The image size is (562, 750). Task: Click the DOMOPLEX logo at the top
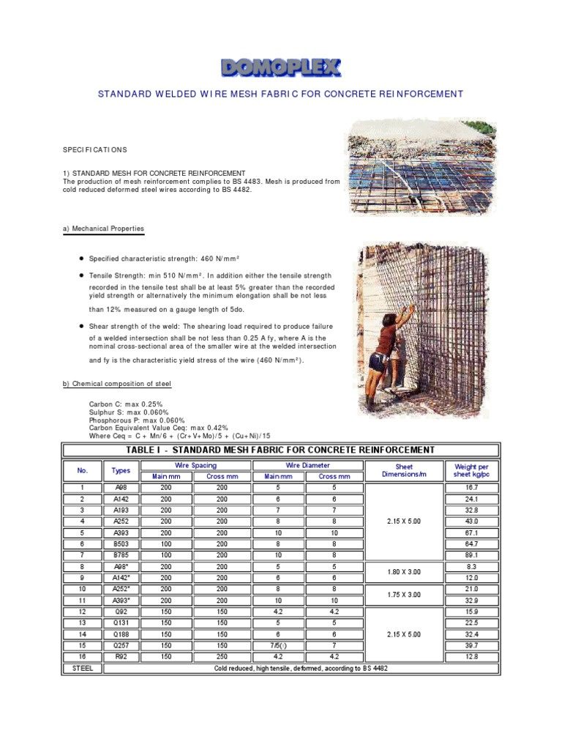pos(281,68)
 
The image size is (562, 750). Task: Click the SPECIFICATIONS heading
pos(95,149)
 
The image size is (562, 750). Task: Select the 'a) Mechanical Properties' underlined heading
pos(103,229)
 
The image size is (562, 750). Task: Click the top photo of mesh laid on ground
pos(414,166)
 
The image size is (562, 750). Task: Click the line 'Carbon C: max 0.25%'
pos(125,404)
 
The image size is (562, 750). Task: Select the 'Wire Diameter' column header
pos(307,465)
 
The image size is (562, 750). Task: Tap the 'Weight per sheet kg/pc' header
pos(471,470)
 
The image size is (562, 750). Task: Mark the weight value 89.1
pos(471,555)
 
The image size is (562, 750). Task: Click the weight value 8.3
pos(471,566)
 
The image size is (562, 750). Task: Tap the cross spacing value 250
pos(222,656)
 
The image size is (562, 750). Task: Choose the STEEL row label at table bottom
pos(83,668)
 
